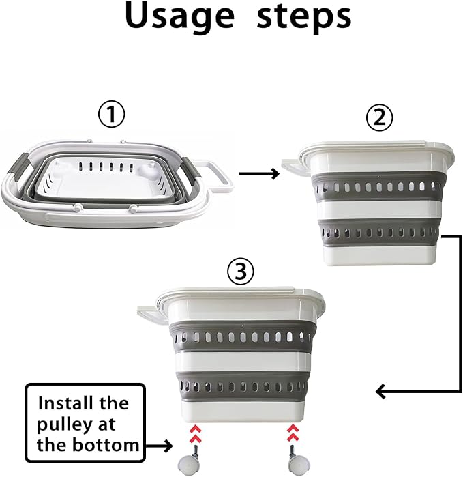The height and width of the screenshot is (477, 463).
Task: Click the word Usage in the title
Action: (179, 18)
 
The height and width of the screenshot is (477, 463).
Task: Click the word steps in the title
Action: (304, 18)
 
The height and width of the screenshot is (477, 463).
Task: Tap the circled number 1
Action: (112, 115)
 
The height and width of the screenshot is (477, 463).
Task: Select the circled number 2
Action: (379, 118)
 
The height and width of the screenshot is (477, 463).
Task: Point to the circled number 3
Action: (241, 272)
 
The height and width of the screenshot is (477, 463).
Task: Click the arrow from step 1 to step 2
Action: (259, 174)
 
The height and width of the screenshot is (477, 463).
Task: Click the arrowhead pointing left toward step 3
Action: (382, 391)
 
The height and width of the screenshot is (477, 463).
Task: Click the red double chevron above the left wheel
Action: (196, 434)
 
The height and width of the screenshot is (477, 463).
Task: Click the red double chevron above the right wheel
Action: (293, 433)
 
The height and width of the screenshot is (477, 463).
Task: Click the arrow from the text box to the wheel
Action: (159, 446)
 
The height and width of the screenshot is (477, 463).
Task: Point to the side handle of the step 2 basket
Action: (295, 167)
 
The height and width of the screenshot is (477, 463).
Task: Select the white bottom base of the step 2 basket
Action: (380, 255)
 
